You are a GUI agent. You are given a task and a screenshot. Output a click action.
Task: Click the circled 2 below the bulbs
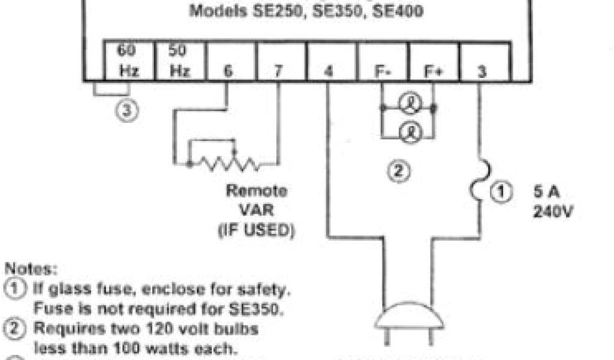[401, 171]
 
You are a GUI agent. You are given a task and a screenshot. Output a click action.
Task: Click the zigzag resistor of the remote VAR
[225, 163]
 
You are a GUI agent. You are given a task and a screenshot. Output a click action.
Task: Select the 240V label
[550, 212]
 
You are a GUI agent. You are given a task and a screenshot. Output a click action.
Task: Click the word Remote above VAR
[257, 191]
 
